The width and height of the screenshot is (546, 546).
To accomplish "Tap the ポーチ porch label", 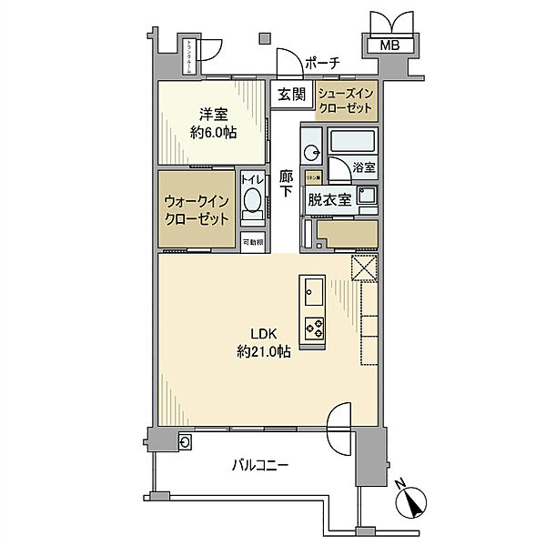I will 322,62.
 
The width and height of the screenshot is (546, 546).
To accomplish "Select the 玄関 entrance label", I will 292,92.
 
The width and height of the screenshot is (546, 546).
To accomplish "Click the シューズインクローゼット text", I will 346,100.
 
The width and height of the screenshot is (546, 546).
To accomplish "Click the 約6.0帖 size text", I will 214,132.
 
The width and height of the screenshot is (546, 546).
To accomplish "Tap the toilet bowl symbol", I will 253,203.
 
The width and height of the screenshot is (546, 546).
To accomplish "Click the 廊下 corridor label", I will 286,186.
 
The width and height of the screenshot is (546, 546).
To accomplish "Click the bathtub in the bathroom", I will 352,141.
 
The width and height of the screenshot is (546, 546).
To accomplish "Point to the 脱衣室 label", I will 329,201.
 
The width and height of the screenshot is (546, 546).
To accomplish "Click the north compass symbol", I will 414,501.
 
